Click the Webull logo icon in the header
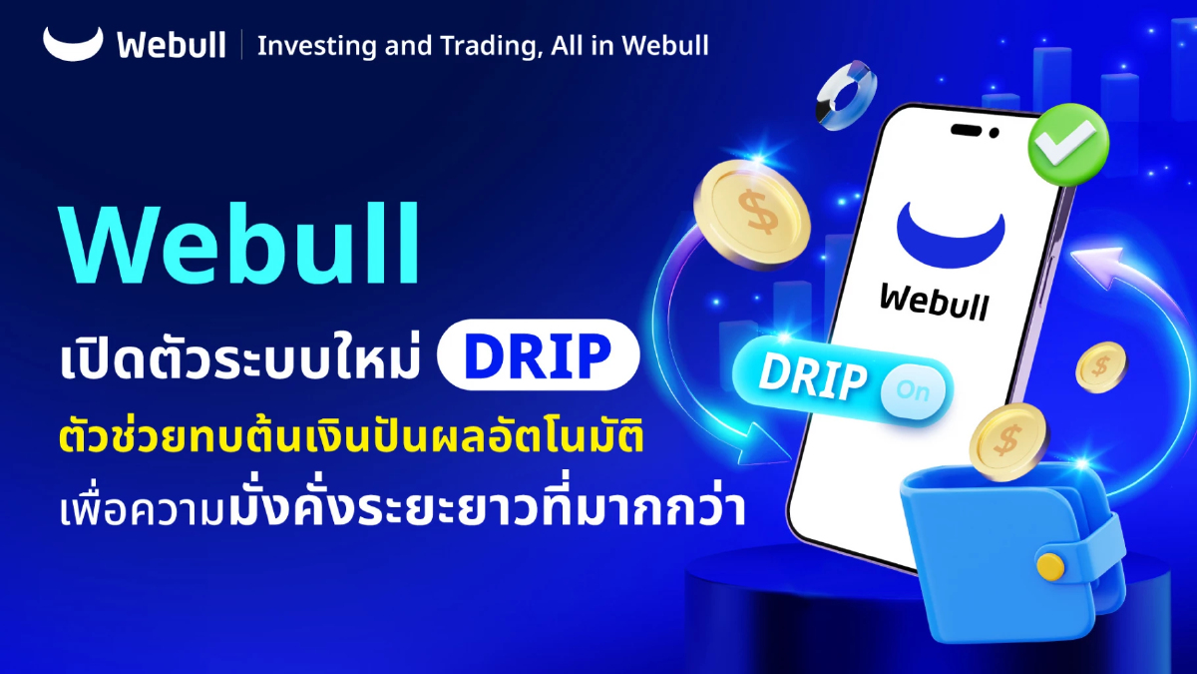point(73,43)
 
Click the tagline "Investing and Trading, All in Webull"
point(483,45)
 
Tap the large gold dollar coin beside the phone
point(751,213)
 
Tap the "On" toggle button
point(913,390)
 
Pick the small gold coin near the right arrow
point(1100,366)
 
